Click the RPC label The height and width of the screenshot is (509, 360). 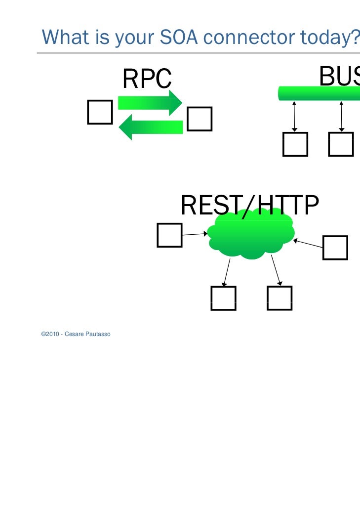point(147,79)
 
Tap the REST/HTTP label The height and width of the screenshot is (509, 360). point(250,206)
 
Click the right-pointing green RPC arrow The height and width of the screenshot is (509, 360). point(151,102)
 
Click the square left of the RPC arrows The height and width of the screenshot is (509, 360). point(100,112)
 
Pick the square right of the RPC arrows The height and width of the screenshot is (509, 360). point(200,119)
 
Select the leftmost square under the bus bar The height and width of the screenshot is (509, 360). point(295,144)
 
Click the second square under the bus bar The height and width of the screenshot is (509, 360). point(341,144)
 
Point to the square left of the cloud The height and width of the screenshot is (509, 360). point(169,235)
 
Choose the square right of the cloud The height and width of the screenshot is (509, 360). point(335,247)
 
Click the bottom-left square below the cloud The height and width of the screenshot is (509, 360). point(223,298)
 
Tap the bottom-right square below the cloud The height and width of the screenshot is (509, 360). point(280,298)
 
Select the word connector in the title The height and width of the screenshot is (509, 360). point(237,36)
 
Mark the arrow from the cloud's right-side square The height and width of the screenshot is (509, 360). point(308,244)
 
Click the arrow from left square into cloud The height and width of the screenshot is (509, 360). point(195,235)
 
